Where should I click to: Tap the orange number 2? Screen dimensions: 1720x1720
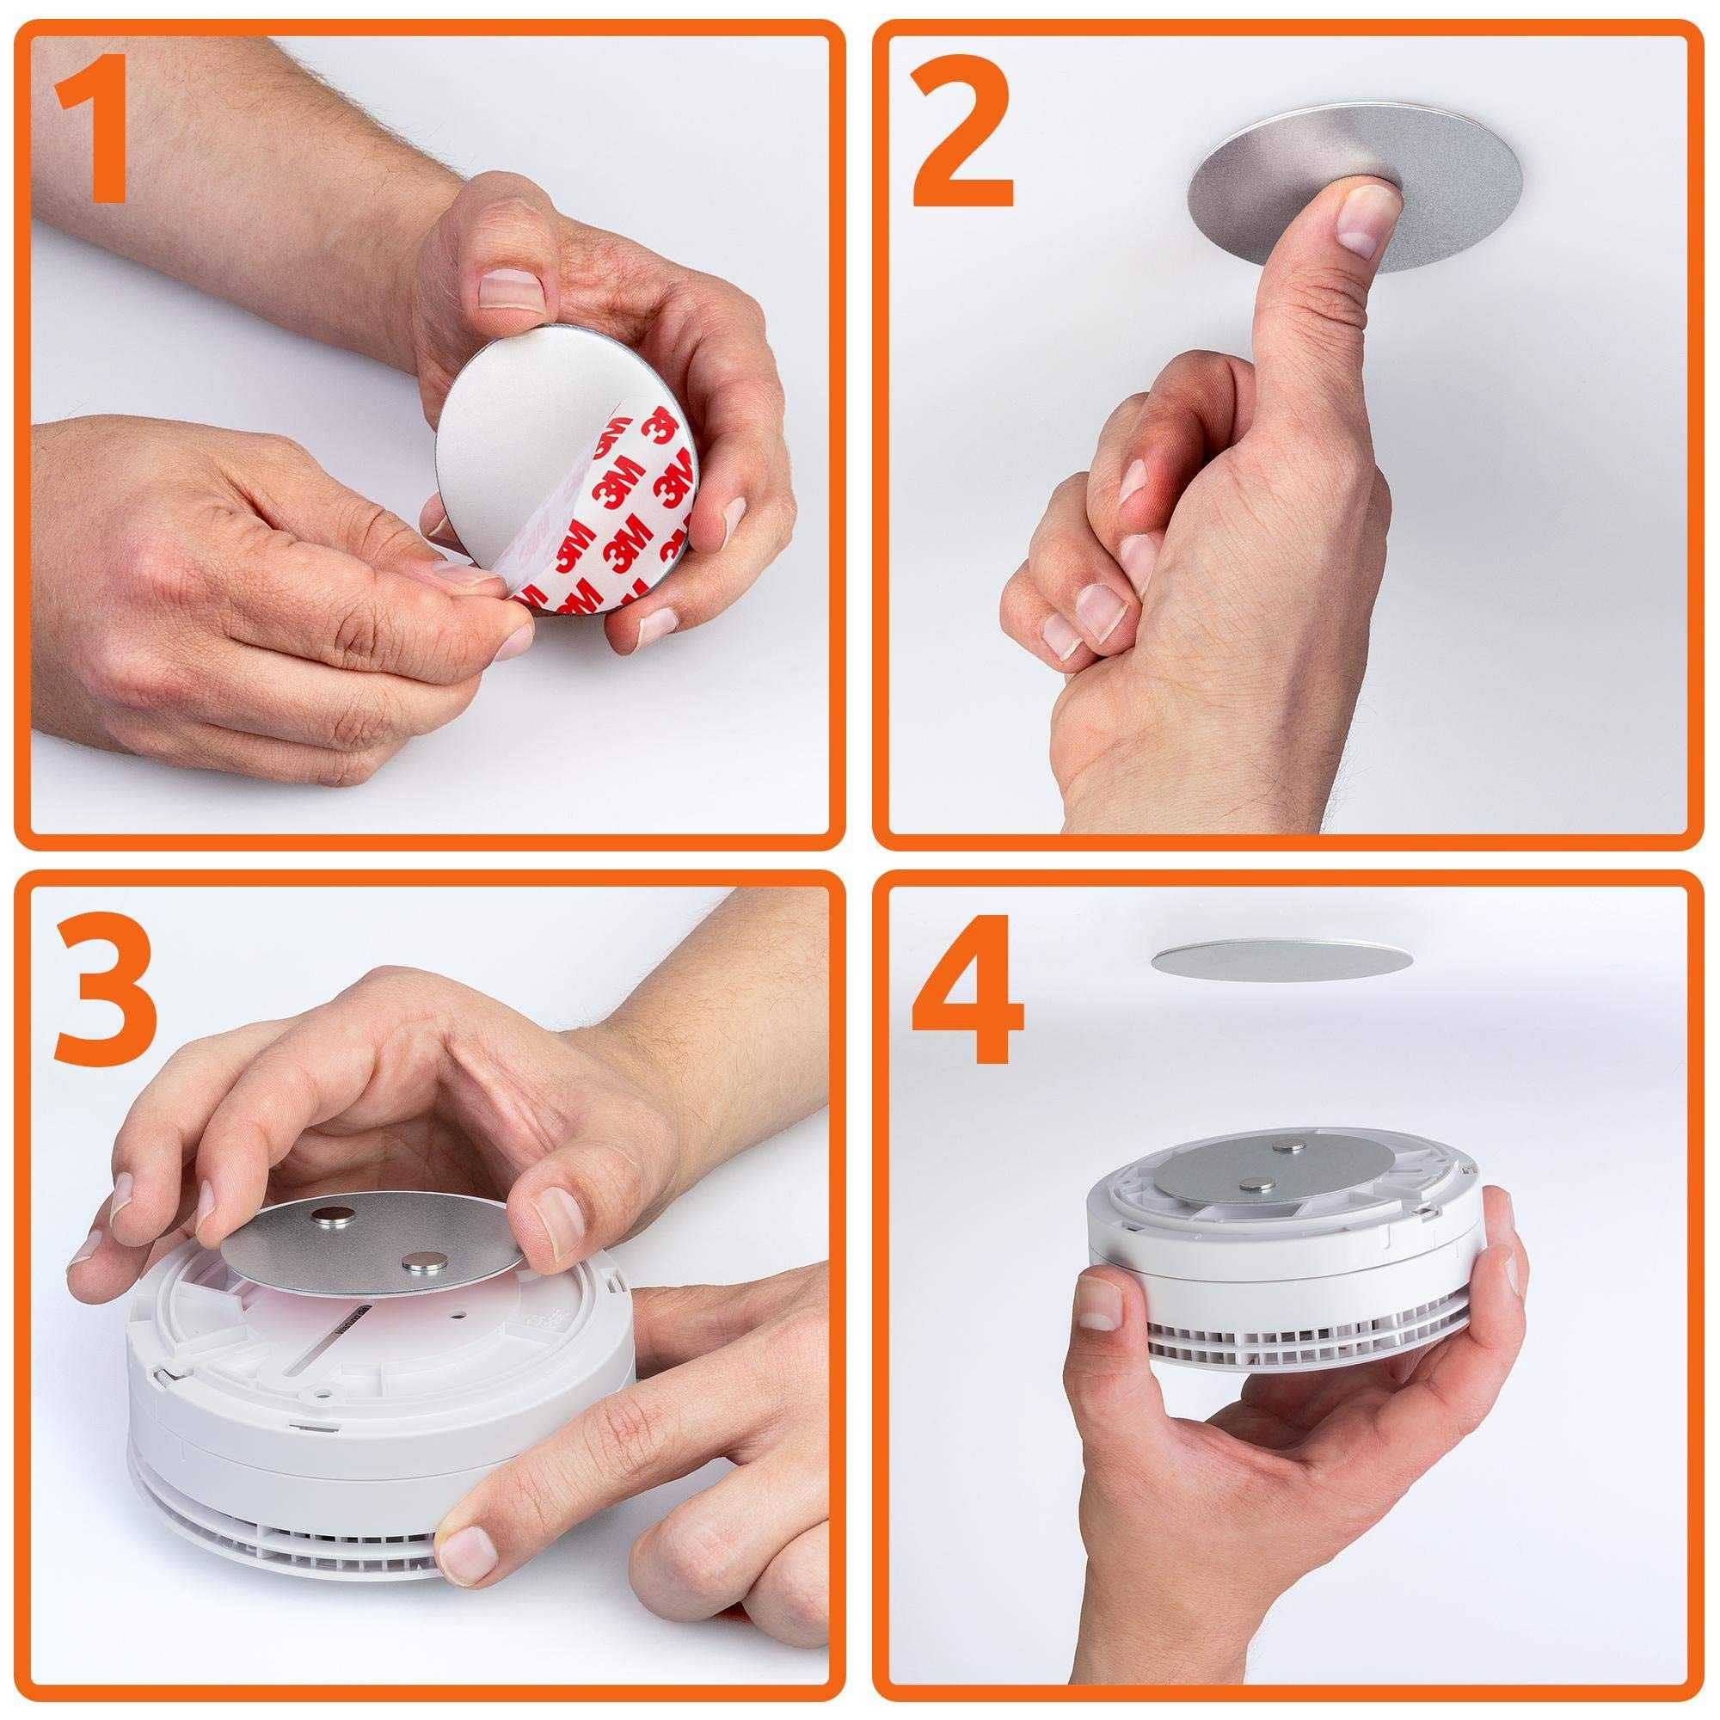point(961,130)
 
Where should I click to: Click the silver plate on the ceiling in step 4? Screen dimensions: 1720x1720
point(1282,959)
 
